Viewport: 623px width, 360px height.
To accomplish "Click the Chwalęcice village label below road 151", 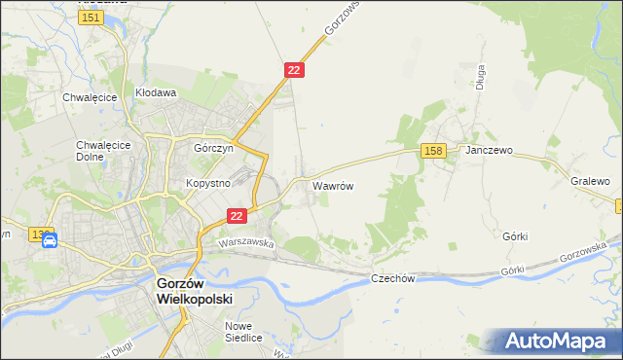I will coord(90,97).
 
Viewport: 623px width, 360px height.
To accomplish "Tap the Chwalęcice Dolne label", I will coord(96,151).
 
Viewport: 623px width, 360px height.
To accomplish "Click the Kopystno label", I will coord(207,183).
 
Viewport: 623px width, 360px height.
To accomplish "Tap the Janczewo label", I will coord(489,152).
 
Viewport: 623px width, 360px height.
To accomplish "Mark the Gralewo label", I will coord(590,181).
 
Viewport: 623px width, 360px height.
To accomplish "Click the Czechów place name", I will coord(394,278).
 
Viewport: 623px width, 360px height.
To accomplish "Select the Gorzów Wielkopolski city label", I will coord(196,292).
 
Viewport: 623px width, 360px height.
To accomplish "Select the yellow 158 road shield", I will coord(434,150).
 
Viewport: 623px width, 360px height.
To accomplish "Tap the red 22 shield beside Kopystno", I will coord(237,216).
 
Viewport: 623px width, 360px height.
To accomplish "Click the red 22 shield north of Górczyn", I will coord(296,70).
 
